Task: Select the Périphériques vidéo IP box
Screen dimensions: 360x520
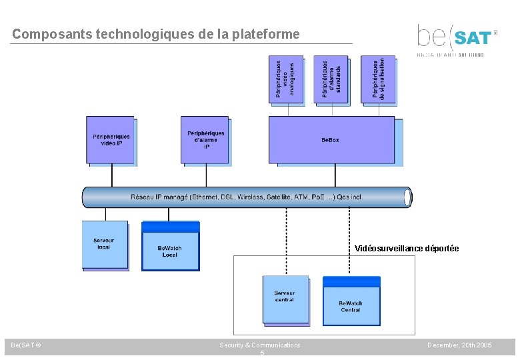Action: (x=111, y=140)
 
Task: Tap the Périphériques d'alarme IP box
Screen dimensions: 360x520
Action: (x=205, y=139)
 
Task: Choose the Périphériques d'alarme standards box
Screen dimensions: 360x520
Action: (x=331, y=79)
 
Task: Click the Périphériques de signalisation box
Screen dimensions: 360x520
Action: (x=377, y=79)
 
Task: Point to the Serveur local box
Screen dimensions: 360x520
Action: (x=104, y=244)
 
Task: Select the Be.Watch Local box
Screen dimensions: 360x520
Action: (x=170, y=251)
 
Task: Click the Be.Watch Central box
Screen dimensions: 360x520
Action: (x=351, y=305)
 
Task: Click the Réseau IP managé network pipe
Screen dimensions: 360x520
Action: (x=247, y=197)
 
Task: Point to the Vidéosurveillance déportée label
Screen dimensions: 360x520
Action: (x=407, y=249)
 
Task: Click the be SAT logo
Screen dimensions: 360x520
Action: (x=456, y=39)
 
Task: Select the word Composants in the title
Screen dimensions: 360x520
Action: (x=47, y=33)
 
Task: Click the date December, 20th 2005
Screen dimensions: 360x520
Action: (x=460, y=345)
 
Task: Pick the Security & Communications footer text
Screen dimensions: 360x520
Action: (x=260, y=345)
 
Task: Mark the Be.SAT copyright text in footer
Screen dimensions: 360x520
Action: (x=26, y=345)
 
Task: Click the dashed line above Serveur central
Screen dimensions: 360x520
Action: (x=287, y=240)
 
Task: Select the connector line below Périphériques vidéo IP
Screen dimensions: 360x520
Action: (x=111, y=175)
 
